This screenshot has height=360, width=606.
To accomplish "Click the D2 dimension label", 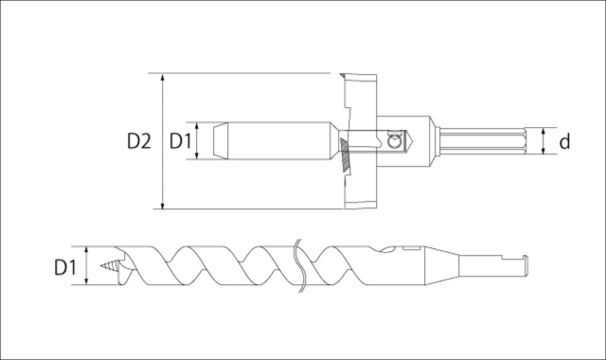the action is coord(139,141).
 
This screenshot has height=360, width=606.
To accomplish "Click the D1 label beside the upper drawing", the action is coord(181,141).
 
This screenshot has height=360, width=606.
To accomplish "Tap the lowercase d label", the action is coord(564,141).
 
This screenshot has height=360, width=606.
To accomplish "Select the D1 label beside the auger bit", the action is coord(65,267).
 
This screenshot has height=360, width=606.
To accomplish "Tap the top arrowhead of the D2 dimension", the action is coord(163,77).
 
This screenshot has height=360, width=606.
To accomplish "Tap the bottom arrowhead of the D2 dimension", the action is coord(163,205).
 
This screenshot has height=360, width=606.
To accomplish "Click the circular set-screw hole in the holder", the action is coord(395,141).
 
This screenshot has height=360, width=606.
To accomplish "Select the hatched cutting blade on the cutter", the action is coord(345,155).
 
